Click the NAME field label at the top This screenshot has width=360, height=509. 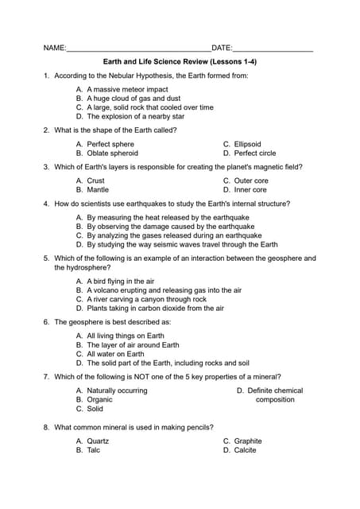[54, 48]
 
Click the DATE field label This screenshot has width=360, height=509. [221, 48]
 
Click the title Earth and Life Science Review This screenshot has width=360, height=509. [180, 61]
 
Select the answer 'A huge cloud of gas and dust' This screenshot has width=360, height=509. [133, 99]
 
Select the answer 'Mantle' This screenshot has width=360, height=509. [98, 190]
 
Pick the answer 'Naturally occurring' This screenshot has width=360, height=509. [117, 390]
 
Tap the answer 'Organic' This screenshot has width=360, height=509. [99, 399]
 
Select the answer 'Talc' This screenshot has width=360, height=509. [93, 450]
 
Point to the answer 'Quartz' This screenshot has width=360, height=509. [98, 441]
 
